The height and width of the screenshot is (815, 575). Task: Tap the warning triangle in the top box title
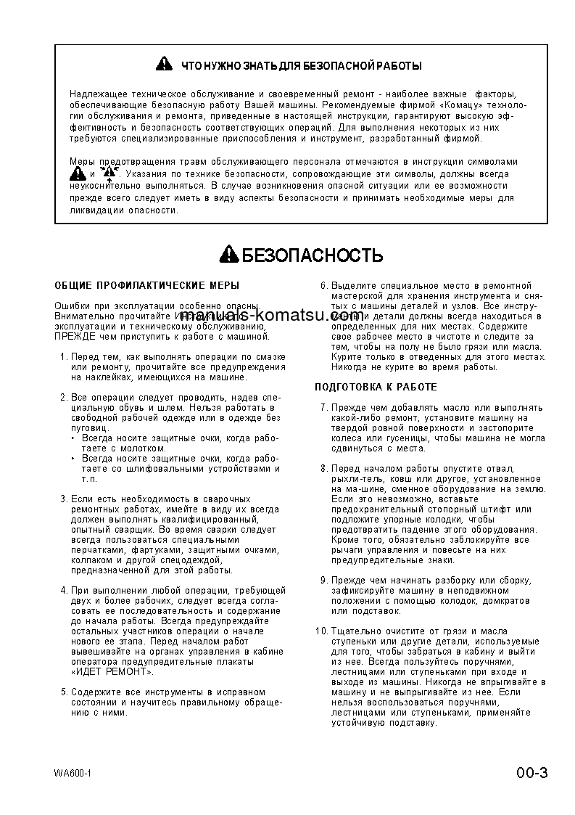tap(165, 65)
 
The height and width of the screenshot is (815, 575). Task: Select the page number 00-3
tap(532, 771)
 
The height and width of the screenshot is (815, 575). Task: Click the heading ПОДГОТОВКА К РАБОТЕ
tap(376, 387)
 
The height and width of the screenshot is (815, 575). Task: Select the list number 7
tap(324, 407)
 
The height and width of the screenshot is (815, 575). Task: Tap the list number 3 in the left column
tap(64, 499)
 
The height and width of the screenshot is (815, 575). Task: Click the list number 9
tap(324, 580)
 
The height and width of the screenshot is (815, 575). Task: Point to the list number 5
tap(64, 692)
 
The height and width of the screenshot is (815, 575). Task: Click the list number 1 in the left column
tap(64, 356)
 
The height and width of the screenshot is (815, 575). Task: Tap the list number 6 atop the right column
tap(324, 285)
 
